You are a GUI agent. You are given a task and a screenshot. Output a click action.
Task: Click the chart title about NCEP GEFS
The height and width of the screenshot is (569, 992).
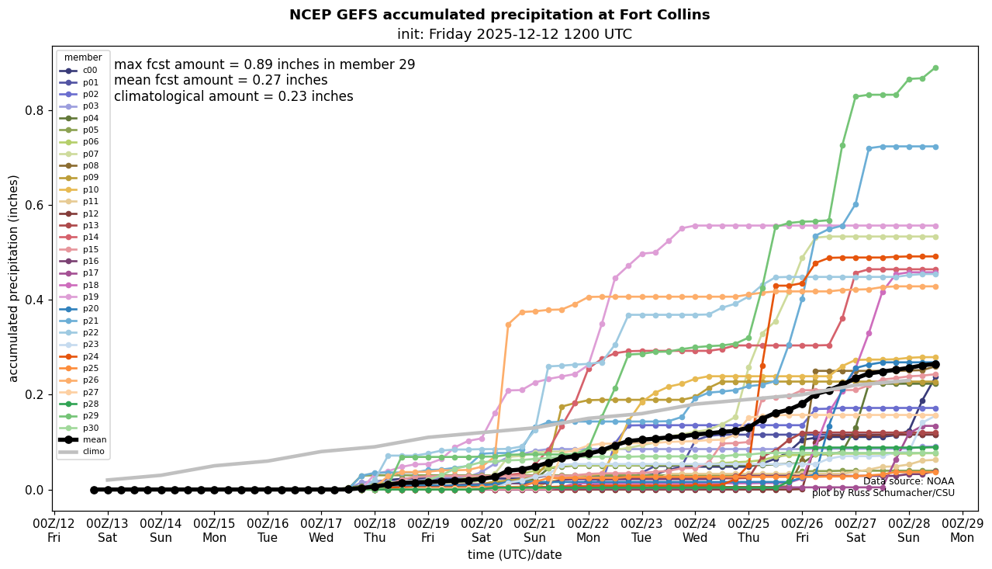(499, 15)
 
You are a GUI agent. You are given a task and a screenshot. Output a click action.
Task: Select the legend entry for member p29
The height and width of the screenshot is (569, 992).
(90, 416)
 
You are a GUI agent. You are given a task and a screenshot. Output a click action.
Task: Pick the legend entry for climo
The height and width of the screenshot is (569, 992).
(94, 451)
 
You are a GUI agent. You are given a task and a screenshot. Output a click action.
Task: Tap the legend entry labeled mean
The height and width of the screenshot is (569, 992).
(94, 439)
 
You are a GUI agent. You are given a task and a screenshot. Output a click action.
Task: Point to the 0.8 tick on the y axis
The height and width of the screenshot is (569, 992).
(34, 110)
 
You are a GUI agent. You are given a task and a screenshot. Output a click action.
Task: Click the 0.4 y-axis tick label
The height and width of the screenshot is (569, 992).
(34, 300)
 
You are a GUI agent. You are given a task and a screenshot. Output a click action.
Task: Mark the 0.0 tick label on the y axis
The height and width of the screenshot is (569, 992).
(34, 490)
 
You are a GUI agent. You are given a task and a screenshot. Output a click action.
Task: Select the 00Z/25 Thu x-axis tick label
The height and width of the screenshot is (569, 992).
(748, 529)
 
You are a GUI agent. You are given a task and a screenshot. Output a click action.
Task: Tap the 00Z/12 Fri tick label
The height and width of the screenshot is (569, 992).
(54, 529)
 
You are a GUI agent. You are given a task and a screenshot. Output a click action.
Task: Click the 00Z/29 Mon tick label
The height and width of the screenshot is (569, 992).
(963, 529)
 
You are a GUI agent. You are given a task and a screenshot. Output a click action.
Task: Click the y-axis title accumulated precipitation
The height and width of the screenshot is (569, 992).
(14, 278)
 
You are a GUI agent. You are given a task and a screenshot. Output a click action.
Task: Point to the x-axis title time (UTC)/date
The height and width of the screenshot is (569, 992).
(514, 555)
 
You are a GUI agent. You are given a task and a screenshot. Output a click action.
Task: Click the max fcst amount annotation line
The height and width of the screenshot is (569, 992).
(264, 65)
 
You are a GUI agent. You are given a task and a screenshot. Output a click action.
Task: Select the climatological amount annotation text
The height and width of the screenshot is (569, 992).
(233, 96)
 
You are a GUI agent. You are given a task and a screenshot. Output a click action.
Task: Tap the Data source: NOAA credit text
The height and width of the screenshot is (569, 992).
(908, 481)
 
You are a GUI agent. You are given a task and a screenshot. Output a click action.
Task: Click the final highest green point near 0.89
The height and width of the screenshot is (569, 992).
(935, 68)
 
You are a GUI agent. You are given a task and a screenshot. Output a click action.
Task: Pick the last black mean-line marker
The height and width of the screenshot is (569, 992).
(935, 364)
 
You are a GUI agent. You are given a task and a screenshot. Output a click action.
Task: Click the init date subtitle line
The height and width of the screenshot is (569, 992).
(514, 34)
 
